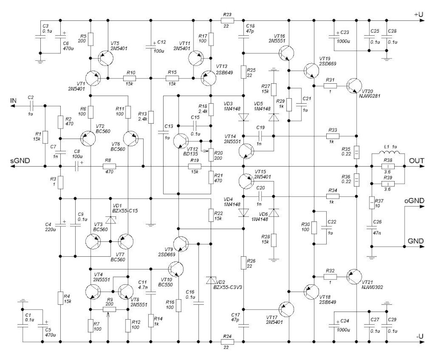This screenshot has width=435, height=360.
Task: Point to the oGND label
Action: [x=413, y=201]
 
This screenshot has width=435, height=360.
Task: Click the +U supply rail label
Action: [x=419, y=14]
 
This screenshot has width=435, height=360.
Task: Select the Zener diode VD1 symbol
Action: [x=110, y=219]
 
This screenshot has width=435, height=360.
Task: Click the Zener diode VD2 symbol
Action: [x=211, y=281]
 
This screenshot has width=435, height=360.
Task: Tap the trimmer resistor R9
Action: [x=109, y=309]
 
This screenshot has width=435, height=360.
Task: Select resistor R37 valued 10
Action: [x=372, y=202]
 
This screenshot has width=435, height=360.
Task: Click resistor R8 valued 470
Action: [x=109, y=167]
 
